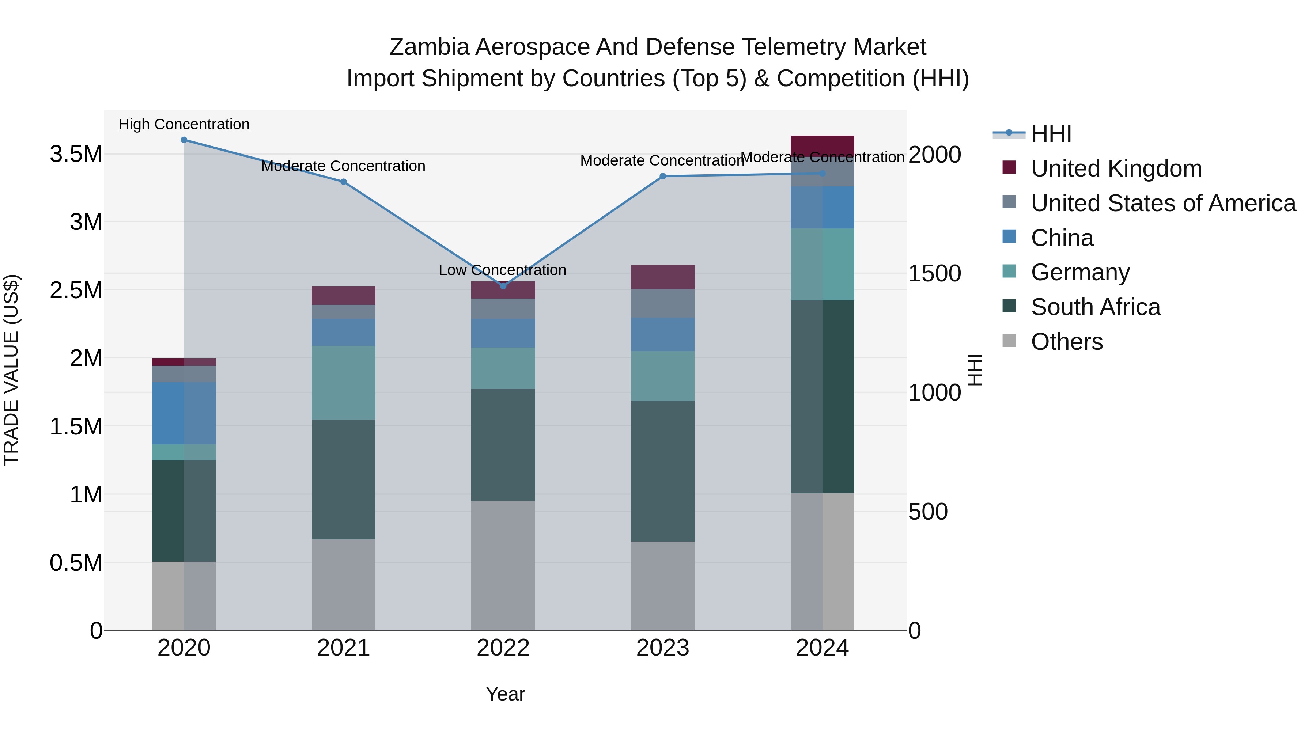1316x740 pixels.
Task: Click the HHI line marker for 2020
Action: [x=184, y=140]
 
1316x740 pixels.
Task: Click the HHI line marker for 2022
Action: [x=503, y=286]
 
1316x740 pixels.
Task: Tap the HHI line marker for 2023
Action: [x=663, y=176]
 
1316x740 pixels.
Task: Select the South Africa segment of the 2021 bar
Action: [x=343, y=479]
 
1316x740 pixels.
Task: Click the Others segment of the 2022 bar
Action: [x=503, y=565]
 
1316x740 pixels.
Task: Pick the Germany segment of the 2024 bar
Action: [x=822, y=264]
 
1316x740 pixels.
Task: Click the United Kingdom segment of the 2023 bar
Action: [x=663, y=277]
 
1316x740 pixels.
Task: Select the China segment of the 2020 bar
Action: [x=184, y=413]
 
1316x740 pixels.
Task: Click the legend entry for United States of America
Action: [x=1163, y=203]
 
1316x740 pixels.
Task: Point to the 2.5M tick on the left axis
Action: [x=76, y=290]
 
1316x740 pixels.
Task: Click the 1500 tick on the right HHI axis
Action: [x=934, y=273]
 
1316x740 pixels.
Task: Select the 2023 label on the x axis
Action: [x=663, y=648]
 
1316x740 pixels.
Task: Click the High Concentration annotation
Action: [x=184, y=124]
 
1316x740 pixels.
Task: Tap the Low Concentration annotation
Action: [x=502, y=270]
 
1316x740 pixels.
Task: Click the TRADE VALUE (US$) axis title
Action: [x=11, y=370]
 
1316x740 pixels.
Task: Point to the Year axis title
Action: [x=505, y=694]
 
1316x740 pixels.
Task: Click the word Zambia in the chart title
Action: [x=429, y=47]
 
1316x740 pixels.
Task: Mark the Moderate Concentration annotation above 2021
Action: [x=343, y=166]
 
